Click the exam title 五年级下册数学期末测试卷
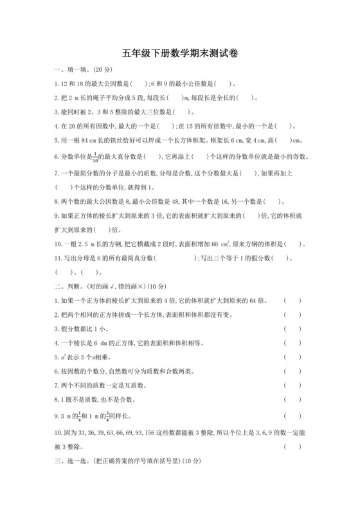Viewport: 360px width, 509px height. point(179,55)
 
